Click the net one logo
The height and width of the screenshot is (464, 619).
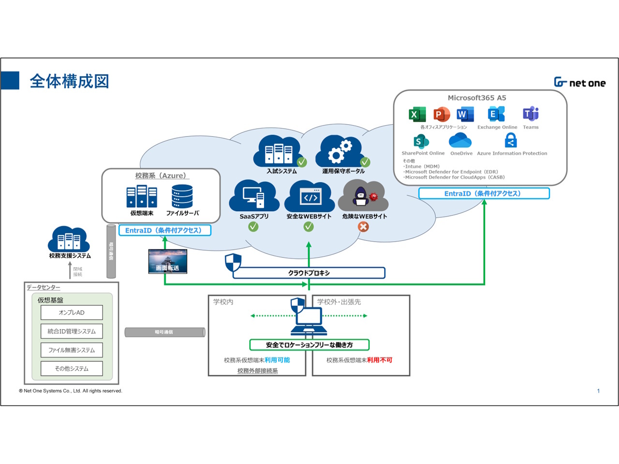[579, 83]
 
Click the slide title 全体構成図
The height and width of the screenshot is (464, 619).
[70, 81]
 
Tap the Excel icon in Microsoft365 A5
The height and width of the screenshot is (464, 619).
[417, 115]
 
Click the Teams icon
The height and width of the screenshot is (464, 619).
[531, 114]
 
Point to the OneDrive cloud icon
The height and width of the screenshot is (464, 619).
[460, 141]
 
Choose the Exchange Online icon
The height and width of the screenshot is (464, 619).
[496, 114]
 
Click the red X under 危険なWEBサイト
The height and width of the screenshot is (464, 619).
[363, 227]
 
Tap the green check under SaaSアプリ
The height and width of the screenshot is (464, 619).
[253, 227]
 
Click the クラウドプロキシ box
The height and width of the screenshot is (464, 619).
[309, 273]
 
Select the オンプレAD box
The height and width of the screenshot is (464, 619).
[72, 313]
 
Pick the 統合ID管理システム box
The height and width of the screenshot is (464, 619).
[72, 332]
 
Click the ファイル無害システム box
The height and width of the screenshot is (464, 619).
[72, 350]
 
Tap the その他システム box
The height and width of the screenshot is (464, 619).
[72, 368]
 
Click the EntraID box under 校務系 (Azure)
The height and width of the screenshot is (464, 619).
[164, 231]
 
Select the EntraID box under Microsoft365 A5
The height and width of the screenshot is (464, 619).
[484, 193]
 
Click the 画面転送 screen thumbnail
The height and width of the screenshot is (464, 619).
[167, 261]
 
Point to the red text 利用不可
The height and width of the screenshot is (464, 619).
[380, 360]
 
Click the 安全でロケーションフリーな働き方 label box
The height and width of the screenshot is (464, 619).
[309, 345]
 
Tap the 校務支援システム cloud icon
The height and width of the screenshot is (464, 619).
[69, 239]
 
